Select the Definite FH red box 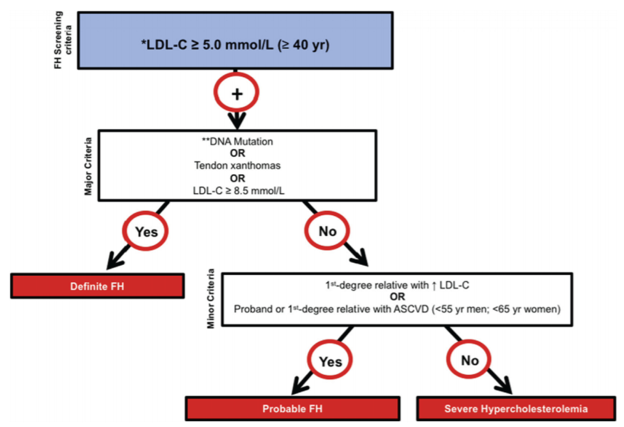[x=97, y=286]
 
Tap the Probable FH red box [x=292, y=408]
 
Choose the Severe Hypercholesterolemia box [x=516, y=408]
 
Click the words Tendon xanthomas [x=237, y=165]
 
